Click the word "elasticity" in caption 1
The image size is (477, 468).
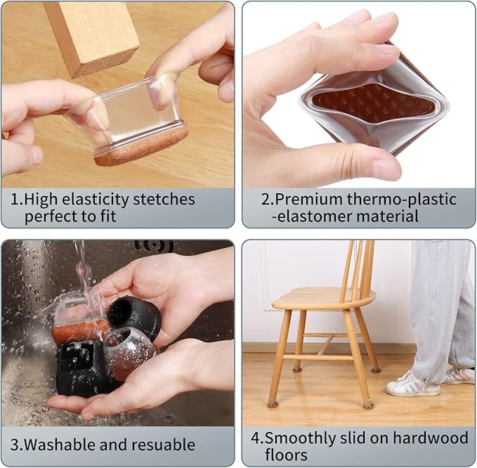pyautogui.click(x=93, y=200)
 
